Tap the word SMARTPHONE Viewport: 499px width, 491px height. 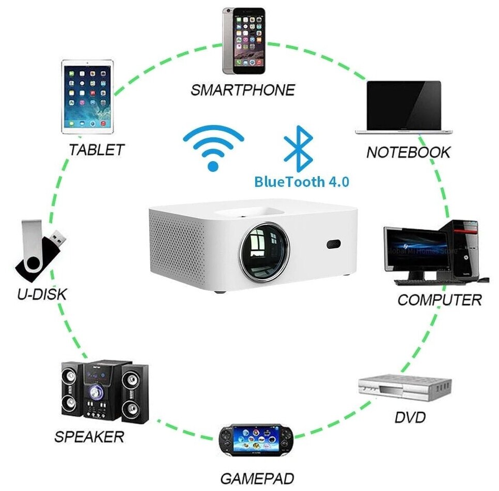click(x=242, y=90)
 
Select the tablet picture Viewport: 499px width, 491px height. click(x=87, y=97)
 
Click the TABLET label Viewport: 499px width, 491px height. click(x=97, y=150)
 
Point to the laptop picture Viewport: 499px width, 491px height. click(x=404, y=107)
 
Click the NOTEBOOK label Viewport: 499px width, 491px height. click(x=408, y=152)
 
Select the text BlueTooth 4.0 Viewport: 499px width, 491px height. click(x=302, y=182)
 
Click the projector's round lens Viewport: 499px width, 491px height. click(x=264, y=250)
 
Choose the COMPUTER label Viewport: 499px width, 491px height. click(x=439, y=300)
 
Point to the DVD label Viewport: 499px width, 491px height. click(x=411, y=417)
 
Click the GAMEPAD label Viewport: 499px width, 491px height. click(x=257, y=478)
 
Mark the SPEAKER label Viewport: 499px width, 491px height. click(x=89, y=437)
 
